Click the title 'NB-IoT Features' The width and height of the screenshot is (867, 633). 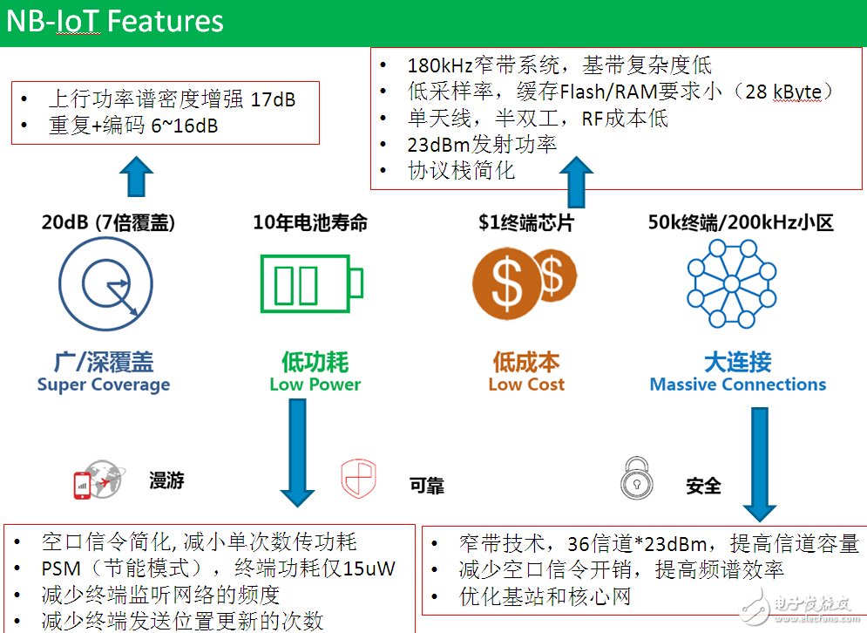click(x=115, y=21)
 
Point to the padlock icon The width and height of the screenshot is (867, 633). click(x=637, y=478)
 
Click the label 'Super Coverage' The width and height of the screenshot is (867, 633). click(x=103, y=385)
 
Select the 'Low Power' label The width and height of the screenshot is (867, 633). click(x=315, y=385)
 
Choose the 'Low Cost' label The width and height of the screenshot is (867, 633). click(x=526, y=385)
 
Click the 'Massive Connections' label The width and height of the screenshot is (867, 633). click(x=737, y=385)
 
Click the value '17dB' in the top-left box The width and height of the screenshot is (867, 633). click(x=273, y=99)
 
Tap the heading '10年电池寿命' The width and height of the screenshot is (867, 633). click(x=310, y=223)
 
